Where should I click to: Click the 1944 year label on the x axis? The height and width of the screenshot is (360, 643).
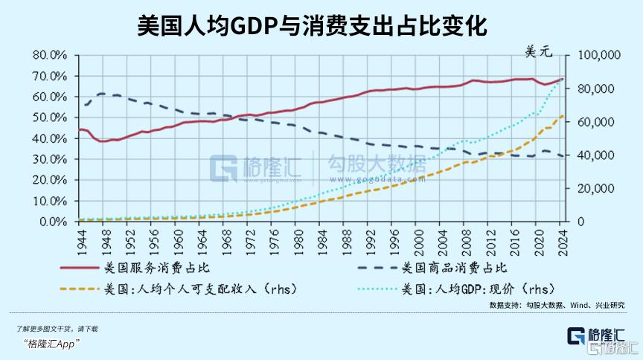(80, 240)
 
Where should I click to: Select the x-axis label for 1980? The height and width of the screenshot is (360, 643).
(298, 240)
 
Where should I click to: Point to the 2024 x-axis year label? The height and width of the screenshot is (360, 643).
(563, 240)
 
